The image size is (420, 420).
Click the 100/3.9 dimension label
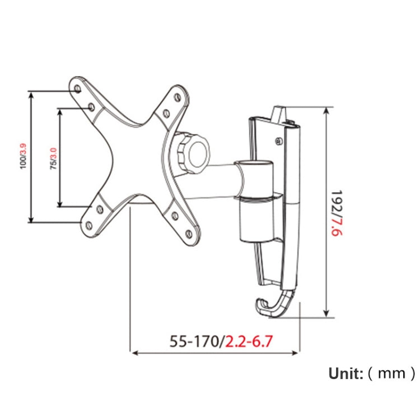point(23,157)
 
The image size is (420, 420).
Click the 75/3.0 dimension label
point(53,158)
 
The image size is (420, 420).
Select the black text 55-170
point(194,341)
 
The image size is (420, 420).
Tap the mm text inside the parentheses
point(391,373)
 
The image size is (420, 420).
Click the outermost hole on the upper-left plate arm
point(77,88)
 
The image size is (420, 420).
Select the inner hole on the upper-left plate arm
point(90,105)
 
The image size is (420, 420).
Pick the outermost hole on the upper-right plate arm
point(178,97)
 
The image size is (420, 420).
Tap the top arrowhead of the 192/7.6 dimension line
point(326,111)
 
